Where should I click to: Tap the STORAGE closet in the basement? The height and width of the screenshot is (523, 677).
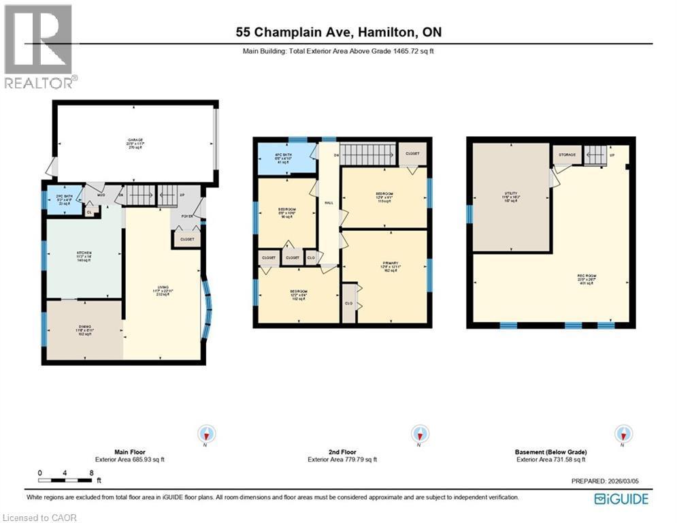tap(567, 155)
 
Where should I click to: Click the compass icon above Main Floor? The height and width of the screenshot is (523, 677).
tap(207, 434)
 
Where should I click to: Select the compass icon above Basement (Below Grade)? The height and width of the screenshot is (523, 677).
tap(621, 434)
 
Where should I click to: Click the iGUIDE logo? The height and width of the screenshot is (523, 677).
tap(621, 499)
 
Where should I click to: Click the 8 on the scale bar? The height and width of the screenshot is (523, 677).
tap(91, 473)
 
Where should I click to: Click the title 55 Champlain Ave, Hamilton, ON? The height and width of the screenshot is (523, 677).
tap(338, 32)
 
